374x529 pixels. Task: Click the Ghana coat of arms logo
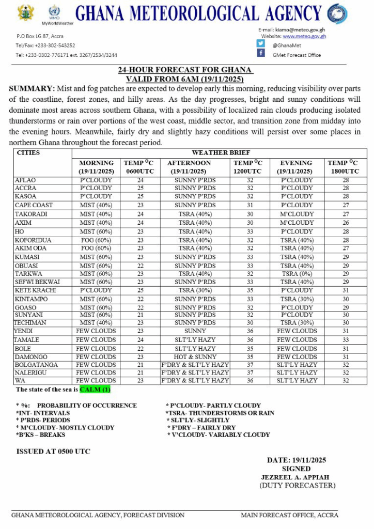[25, 12]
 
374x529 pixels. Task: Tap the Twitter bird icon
[261, 44]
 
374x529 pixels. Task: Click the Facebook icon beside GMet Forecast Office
[261, 53]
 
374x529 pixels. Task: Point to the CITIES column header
[28, 153]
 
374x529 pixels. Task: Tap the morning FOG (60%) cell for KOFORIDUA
[96, 240]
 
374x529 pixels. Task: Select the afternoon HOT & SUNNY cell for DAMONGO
[195, 356]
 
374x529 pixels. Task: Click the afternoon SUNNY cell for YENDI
[195, 331]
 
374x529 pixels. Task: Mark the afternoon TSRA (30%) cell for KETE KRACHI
[195, 290]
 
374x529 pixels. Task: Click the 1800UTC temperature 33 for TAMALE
[346, 340]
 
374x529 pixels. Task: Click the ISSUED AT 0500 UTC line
[53, 452]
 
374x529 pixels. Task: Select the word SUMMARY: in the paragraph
[32, 89]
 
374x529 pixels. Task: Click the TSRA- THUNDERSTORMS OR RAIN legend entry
[221, 413]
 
